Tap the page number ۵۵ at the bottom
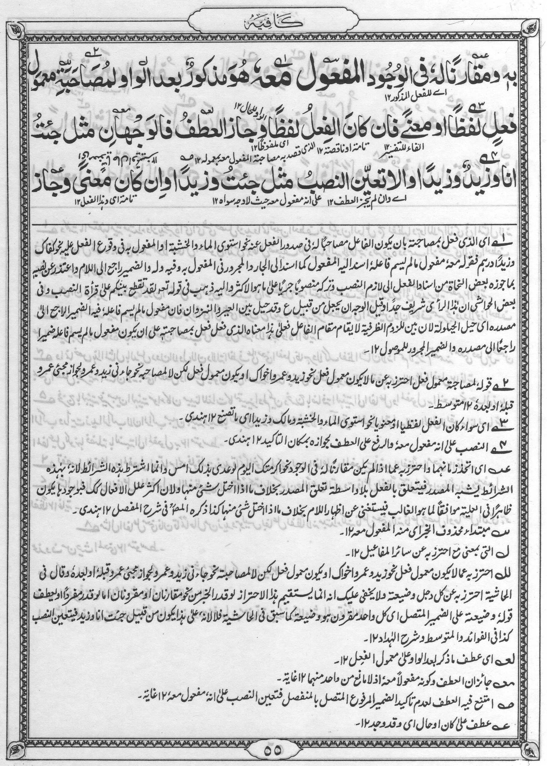pos(273,748)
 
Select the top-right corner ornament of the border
pos(532,30)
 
